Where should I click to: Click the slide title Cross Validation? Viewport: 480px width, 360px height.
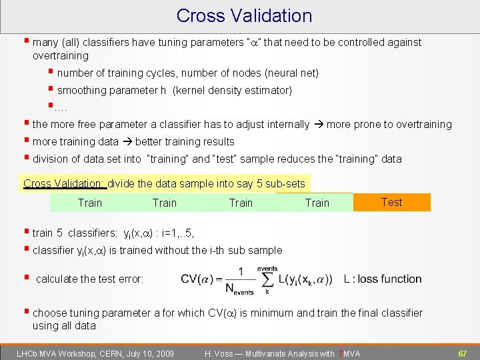244,16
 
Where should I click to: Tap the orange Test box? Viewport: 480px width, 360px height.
391,202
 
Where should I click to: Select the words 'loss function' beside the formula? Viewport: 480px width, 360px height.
389,279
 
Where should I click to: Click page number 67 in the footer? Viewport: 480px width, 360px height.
461,353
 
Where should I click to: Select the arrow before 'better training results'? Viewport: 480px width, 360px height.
127,141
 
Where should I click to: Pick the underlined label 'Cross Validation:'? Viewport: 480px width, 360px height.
63,183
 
